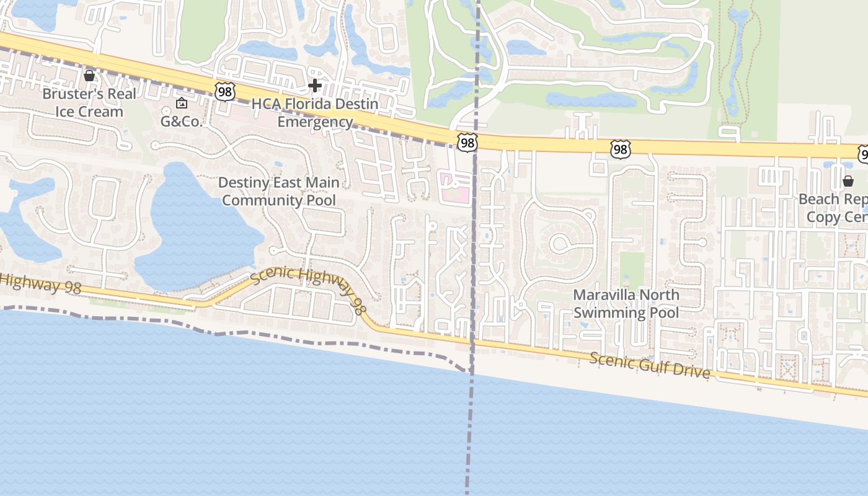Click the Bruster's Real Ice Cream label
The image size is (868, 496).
89,102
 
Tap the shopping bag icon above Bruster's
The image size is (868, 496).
89,76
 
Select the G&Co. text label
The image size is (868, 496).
182,122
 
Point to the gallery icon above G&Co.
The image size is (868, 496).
182,103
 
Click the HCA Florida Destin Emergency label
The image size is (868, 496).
315,112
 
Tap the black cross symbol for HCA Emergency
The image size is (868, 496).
315,85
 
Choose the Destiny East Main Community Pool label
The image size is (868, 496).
279,191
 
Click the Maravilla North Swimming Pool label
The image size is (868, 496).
626,303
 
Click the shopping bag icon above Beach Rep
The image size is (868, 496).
848,181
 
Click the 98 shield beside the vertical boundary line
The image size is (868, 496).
467,143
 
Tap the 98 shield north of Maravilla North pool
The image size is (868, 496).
620,149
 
